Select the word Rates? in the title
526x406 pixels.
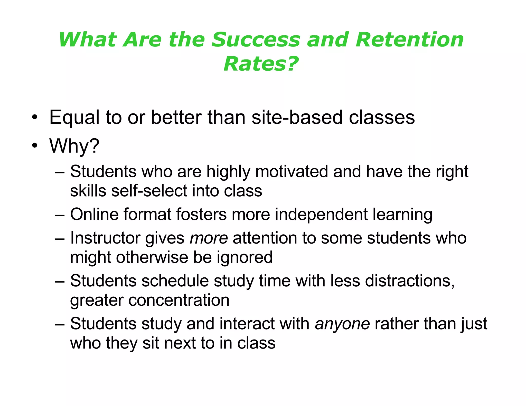point(261,64)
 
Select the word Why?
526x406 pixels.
point(74,146)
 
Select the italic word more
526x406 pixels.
point(209,238)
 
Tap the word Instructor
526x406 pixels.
point(105,238)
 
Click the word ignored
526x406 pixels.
point(245,257)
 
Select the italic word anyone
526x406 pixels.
point(342,324)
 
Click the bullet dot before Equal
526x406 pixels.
point(35,117)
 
